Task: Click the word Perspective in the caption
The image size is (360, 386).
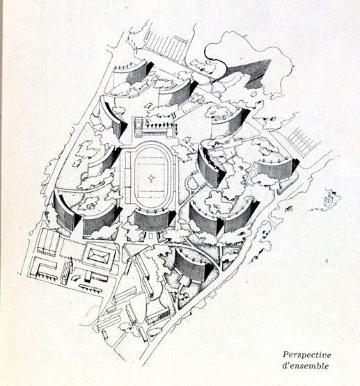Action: (307, 355)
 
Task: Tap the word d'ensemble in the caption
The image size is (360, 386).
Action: (306, 366)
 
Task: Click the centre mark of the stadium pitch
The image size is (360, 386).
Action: (151, 178)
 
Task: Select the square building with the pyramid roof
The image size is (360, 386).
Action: (98, 256)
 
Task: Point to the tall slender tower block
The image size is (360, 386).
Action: (65, 272)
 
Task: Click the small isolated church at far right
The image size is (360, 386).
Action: (329, 199)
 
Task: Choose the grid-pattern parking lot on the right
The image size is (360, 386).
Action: (302, 140)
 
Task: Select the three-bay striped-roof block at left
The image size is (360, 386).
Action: (49, 241)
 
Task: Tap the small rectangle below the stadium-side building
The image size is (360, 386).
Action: (151, 236)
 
